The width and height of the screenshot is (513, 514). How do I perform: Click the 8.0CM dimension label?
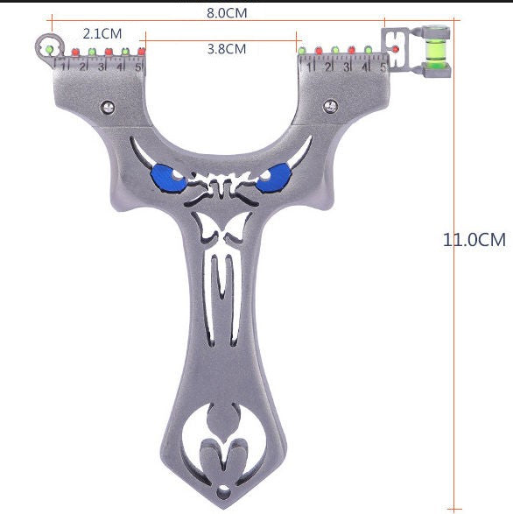pyautogui.click(x=226, y=13)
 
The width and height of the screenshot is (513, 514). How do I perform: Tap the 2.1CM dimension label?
pyautogui.click(x=102, y=33)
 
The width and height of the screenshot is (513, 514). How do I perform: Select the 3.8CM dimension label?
pyautogui.click(x=226, y=49)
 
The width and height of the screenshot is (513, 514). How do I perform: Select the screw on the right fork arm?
pyautogui.click(x=332, y=105)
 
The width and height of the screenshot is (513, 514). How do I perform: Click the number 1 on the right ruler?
pyautogui.click(x=309, y=66)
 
